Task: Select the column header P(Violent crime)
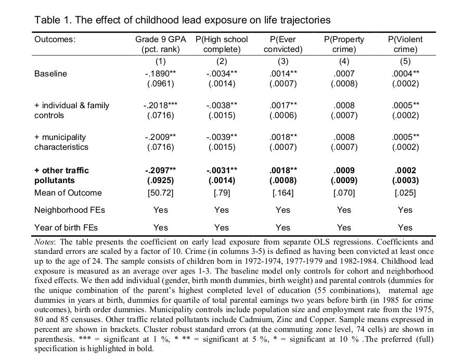pyautogui.click(x=405, y=45)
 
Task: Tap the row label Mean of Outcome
pyautogui.click(x=68, y=192)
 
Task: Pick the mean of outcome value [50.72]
pyautogui.click(x=160, y=192)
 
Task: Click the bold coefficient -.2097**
pyautogui.click(x=161, y=170)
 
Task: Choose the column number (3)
pyautogui.click(x=282, y=61)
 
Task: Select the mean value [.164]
pyautogui.click(x=282, y=192)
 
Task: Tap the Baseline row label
pyautogui.click(x=50, y=73)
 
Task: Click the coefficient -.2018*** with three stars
pyautogui.click(x=161, y=105)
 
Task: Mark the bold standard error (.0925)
pyautogui.click(x=160, y=181)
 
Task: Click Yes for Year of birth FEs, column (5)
pyautogui.click(x=405, y=227)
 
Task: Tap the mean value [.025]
pyautogui.click(x=405, y=192)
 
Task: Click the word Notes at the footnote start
pyautogui.click(x=45, y=242)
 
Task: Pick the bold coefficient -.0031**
pyautogui.click(x=221, y=170)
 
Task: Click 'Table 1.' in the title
pyautogui.click(x=51, y=20)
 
